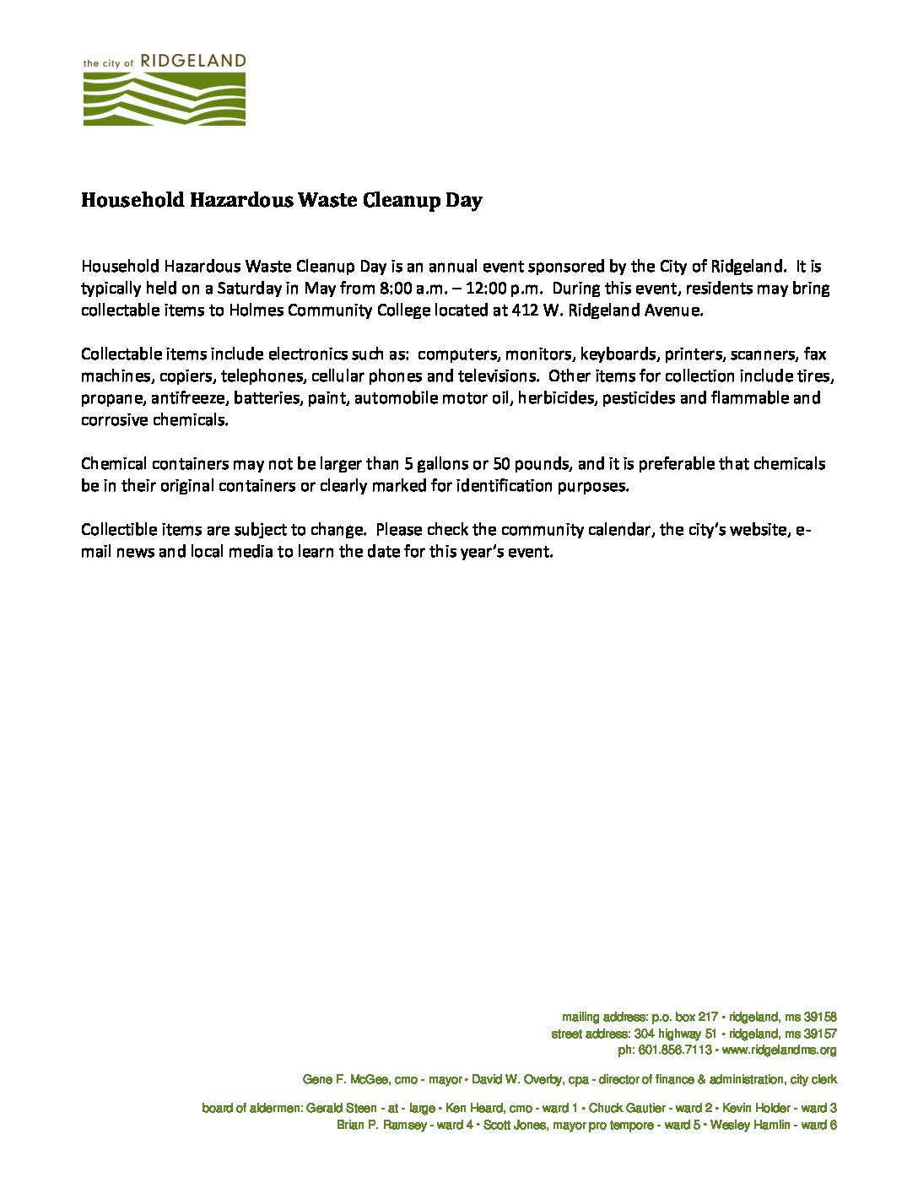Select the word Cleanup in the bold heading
tap(397, 201)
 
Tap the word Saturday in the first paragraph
tap(248, 289)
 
